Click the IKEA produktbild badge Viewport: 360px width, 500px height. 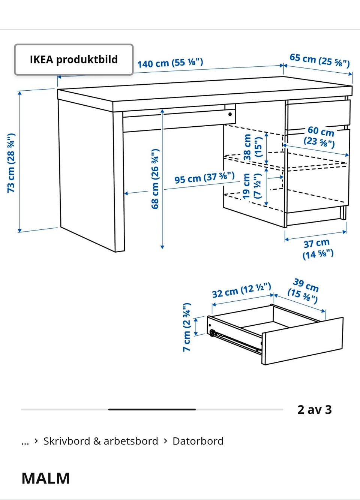tap(74, 59)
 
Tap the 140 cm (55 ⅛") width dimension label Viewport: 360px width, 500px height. tap(170, 63)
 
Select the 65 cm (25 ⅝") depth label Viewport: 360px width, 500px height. tap(319, 60)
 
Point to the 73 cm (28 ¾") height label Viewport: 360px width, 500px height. tap(11, 163)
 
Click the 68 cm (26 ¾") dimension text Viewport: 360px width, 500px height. tap(155, 179)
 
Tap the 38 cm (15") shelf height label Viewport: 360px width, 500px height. tap(253, 147)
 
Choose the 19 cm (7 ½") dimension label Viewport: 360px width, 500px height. tap(252, 186)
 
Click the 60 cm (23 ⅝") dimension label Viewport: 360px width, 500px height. tap(319, 137)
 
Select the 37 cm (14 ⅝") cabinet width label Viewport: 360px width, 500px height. tap(318, 249)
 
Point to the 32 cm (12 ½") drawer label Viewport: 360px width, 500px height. tap(241, 290)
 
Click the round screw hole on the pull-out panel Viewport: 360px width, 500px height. tap(230, 115)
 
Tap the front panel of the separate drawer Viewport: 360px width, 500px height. tap(302, 341)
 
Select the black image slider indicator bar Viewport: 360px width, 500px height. tap(152, 409)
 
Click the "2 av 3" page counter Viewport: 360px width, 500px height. tap(315, 410)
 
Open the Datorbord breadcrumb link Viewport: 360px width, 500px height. tap(198, 441)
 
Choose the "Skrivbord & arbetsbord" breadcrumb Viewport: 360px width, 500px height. tap(101, 441)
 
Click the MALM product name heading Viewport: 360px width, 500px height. tap(45, 478)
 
